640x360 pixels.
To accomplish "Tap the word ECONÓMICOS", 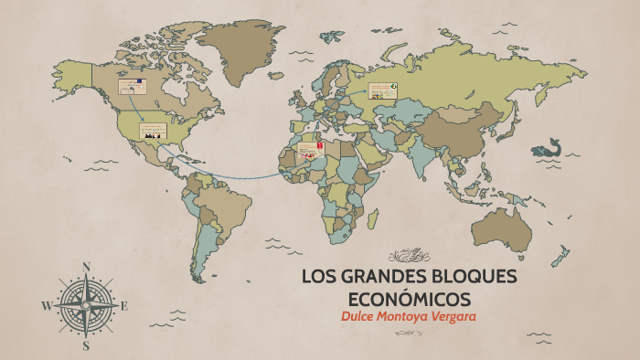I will pos(410,299).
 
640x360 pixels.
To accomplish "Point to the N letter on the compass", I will pos(87,267).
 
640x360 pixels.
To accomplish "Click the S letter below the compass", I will pos(86,346).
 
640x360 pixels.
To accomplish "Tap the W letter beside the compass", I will pos(46,307).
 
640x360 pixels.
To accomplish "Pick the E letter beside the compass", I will pos(125,306).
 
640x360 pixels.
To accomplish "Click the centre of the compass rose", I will pos(86,306).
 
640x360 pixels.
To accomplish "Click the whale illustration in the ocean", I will pos(547,147).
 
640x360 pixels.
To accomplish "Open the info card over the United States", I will pos(153,130).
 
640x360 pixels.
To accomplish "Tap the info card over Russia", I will pos(382,91).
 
